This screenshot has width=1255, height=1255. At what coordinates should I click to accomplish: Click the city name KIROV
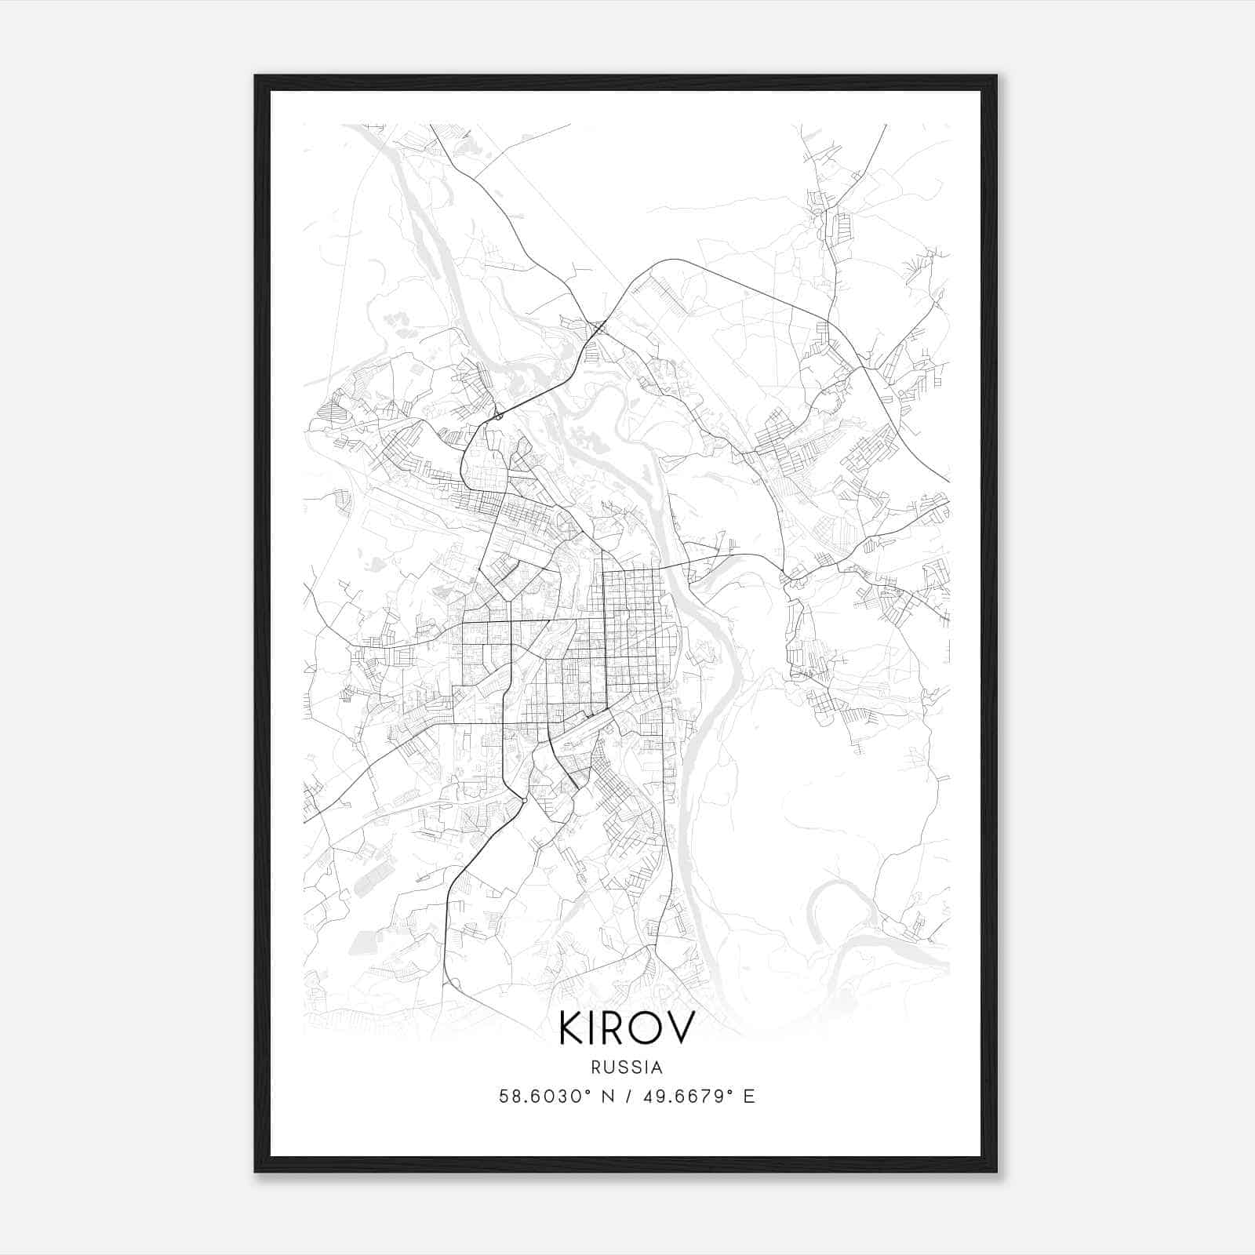pos(627,1028)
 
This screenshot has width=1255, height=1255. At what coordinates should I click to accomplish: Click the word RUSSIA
pos(627,1068)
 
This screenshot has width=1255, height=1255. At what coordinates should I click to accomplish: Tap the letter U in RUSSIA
pos(609,1068)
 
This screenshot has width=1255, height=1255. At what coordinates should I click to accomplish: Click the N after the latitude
pos(607,1097)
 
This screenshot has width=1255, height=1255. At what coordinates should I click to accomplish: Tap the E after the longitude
pos(749,1097)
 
